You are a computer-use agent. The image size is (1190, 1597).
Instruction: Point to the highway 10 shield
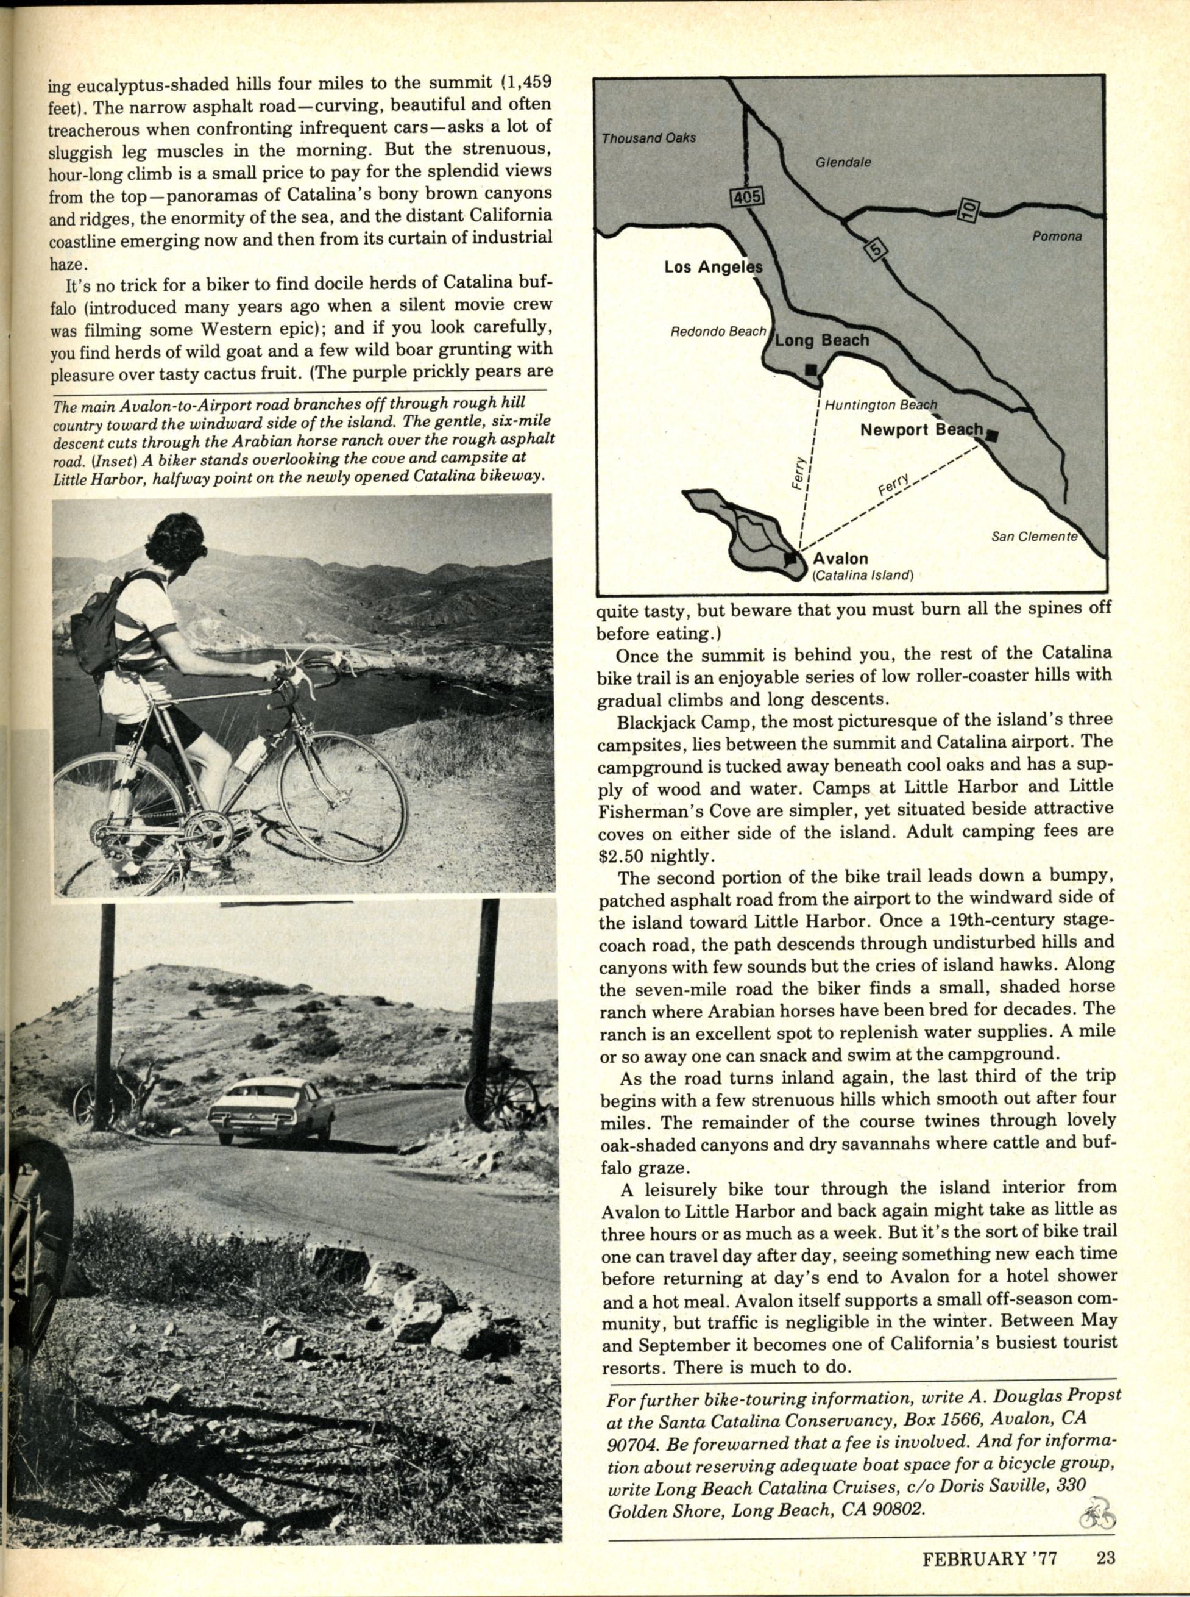(969, 210)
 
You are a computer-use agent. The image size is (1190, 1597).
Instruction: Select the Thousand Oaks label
(648, 137)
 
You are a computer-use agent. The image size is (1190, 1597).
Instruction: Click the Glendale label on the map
(843, 162)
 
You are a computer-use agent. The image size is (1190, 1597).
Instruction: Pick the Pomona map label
(1057, 235)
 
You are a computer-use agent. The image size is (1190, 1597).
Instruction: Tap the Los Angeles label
(712, 267)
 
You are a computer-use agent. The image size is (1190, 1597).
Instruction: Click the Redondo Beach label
(717, 332)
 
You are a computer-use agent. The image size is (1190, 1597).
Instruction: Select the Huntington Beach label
(880, 405)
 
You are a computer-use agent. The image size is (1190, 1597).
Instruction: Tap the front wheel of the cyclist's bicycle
(342, 800)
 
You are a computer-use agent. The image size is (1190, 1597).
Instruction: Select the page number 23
(1106, 1554)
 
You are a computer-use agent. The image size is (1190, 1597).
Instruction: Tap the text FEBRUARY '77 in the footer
(989, 1554)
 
